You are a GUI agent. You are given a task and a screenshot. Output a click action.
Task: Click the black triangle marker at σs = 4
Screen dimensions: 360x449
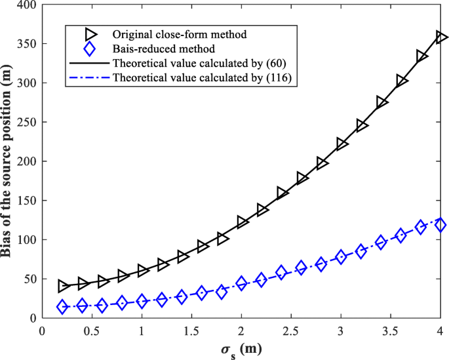tap(441, 37)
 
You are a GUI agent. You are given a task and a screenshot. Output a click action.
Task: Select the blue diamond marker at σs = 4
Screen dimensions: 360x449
tap(440, 225)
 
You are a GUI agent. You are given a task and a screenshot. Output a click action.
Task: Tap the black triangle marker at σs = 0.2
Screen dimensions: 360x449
tap(63, 286)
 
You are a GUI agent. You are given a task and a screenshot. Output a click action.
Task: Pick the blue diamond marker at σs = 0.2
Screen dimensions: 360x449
tap(63, 307)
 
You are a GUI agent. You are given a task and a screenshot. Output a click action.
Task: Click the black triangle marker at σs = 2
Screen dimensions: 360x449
tap(242, 222)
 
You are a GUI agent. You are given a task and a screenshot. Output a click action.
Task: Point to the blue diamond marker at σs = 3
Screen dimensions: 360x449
tap(341, 257)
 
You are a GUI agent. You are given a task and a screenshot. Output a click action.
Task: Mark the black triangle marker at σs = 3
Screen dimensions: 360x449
tap(342, 144)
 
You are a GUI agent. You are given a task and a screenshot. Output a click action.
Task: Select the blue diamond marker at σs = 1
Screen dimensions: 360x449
tap(142, 302)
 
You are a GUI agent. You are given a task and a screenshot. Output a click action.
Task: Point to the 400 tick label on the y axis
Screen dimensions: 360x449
tap(27, 5)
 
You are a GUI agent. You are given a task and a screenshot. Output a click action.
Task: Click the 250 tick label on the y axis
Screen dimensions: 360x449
tap(27, 122)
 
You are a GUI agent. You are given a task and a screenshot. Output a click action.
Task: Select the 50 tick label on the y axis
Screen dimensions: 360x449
tap(29, 279)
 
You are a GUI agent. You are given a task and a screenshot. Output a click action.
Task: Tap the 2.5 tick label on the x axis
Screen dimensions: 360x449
tap(291, 330)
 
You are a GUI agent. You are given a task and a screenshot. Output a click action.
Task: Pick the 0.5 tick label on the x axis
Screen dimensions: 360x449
tap(92, 330)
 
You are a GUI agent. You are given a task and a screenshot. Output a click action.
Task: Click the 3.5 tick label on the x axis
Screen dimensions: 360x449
tap(391, 330)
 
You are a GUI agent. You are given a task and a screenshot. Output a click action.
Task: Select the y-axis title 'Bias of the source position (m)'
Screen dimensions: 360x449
tap(9, 161)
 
